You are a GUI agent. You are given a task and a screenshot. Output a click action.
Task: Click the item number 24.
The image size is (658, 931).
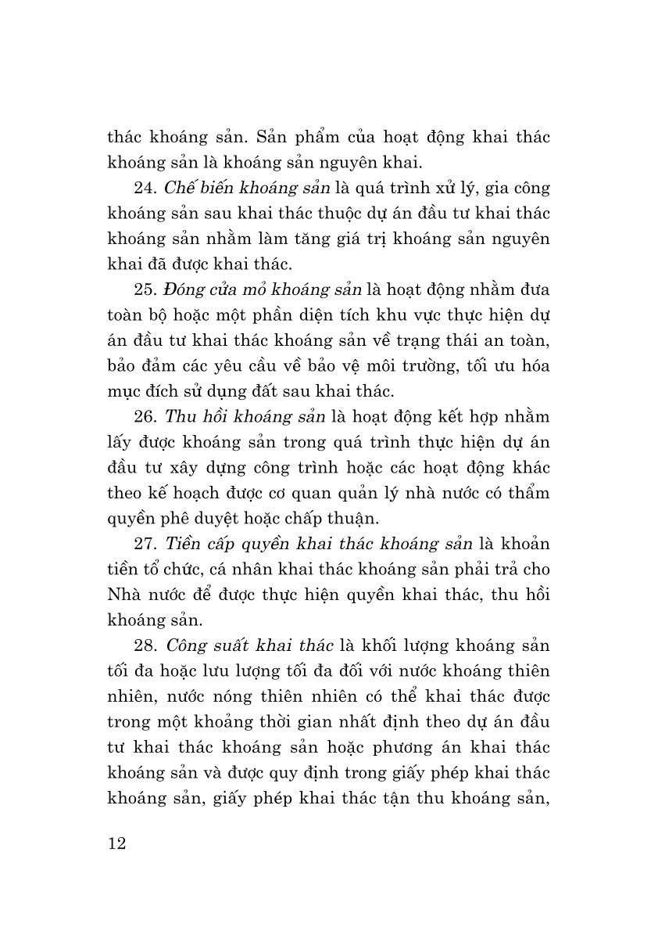145,189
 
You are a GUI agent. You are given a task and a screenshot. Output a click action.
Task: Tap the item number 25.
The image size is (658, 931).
145,290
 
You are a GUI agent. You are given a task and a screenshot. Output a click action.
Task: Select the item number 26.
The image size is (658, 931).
145,418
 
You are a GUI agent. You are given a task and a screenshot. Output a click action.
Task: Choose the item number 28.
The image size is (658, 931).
145,646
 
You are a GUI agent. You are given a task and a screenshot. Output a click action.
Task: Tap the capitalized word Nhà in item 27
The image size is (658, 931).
125,595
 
